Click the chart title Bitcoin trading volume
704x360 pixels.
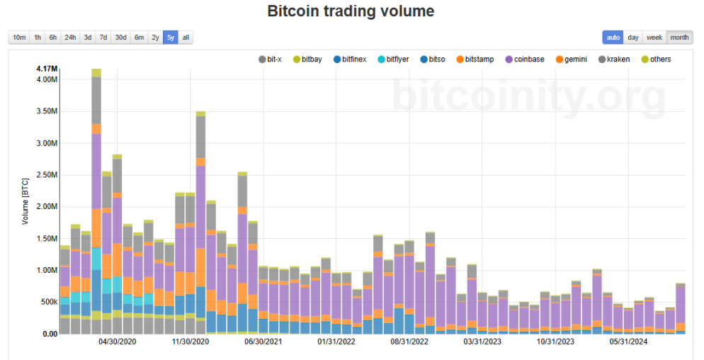(x=351, y=11)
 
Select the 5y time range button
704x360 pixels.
(x=171, y=38)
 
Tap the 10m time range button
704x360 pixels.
(x=19, y=38)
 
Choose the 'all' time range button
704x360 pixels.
(x=186, y=38)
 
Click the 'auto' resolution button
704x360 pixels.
(x=613, y=38)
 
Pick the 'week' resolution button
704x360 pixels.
(x=654, y=38)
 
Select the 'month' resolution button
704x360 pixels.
(x=679, y=38)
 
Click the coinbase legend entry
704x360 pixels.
(x=525, y=60)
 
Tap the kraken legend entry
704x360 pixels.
(x=614, y=60)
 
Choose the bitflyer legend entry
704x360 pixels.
(x=393, y=60)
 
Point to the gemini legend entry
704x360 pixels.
(x=571, y=60)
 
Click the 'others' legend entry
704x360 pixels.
(x=656, y=60)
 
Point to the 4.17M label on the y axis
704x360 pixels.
(x=47, y=69)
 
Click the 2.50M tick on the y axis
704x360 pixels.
(x=47, y=175)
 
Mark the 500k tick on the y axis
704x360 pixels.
(x=50, y=302)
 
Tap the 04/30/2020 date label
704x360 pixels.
(x=117, y=342)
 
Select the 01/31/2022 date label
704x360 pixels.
(x=336, y=342)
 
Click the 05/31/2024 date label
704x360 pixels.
(x=629, y=342)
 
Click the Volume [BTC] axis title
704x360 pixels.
(x=25, y=201)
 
